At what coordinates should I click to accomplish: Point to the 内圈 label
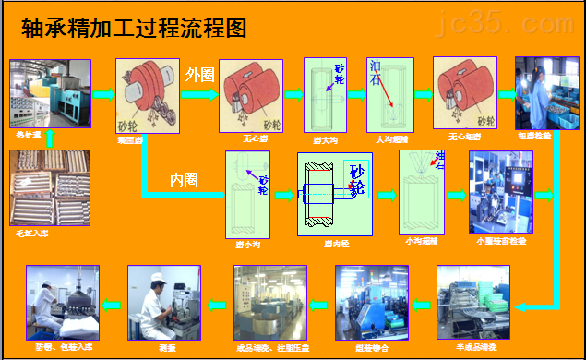(184, 179)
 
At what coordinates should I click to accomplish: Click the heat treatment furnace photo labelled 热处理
(50, 94)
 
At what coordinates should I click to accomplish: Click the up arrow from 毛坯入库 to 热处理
(50, 138)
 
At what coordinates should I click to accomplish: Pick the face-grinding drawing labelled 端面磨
(148, 95)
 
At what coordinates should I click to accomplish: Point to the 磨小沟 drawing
(246, 196)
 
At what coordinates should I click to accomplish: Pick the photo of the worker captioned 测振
(164, 300)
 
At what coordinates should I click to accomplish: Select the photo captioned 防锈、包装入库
(62, 299)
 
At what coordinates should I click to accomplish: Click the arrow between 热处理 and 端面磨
(102, 94)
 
